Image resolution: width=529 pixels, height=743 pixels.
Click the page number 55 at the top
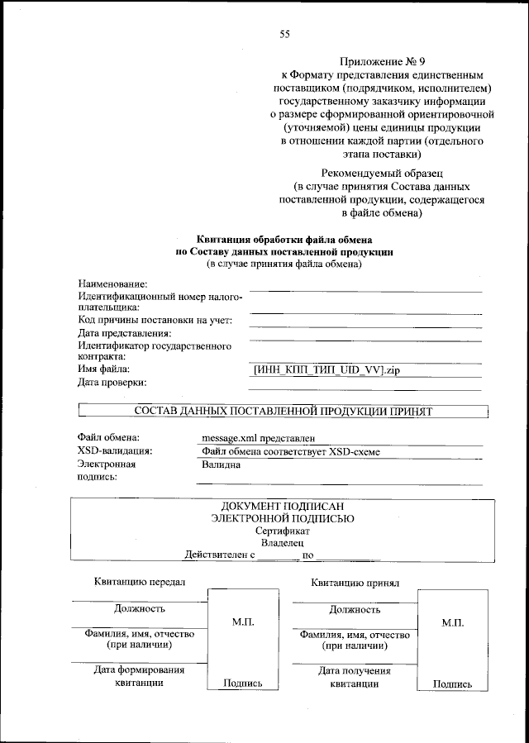(x=284, y=34)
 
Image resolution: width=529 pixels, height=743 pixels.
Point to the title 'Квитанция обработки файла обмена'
(x=284, y=239)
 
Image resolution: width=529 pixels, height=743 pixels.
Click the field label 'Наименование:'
(x=112, y=284)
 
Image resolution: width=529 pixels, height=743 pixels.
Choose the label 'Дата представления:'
(x=125, y=333)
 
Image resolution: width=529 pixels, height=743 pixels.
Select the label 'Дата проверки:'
(x=112, y=382)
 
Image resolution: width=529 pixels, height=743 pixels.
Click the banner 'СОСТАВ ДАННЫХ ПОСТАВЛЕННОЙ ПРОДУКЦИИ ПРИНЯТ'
(x=283, y=410)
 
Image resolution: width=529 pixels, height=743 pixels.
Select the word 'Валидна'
(x=221, y=464)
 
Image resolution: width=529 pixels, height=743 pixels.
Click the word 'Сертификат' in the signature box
(x=283, y=531)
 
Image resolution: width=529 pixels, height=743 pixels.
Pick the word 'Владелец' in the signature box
(x=283, y=543)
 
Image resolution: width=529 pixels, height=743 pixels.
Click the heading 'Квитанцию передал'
(x=139, y=582)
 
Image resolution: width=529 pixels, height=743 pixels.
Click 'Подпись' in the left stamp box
(x=243, y=683)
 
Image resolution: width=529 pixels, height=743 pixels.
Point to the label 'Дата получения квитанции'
(x=355, y=677)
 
